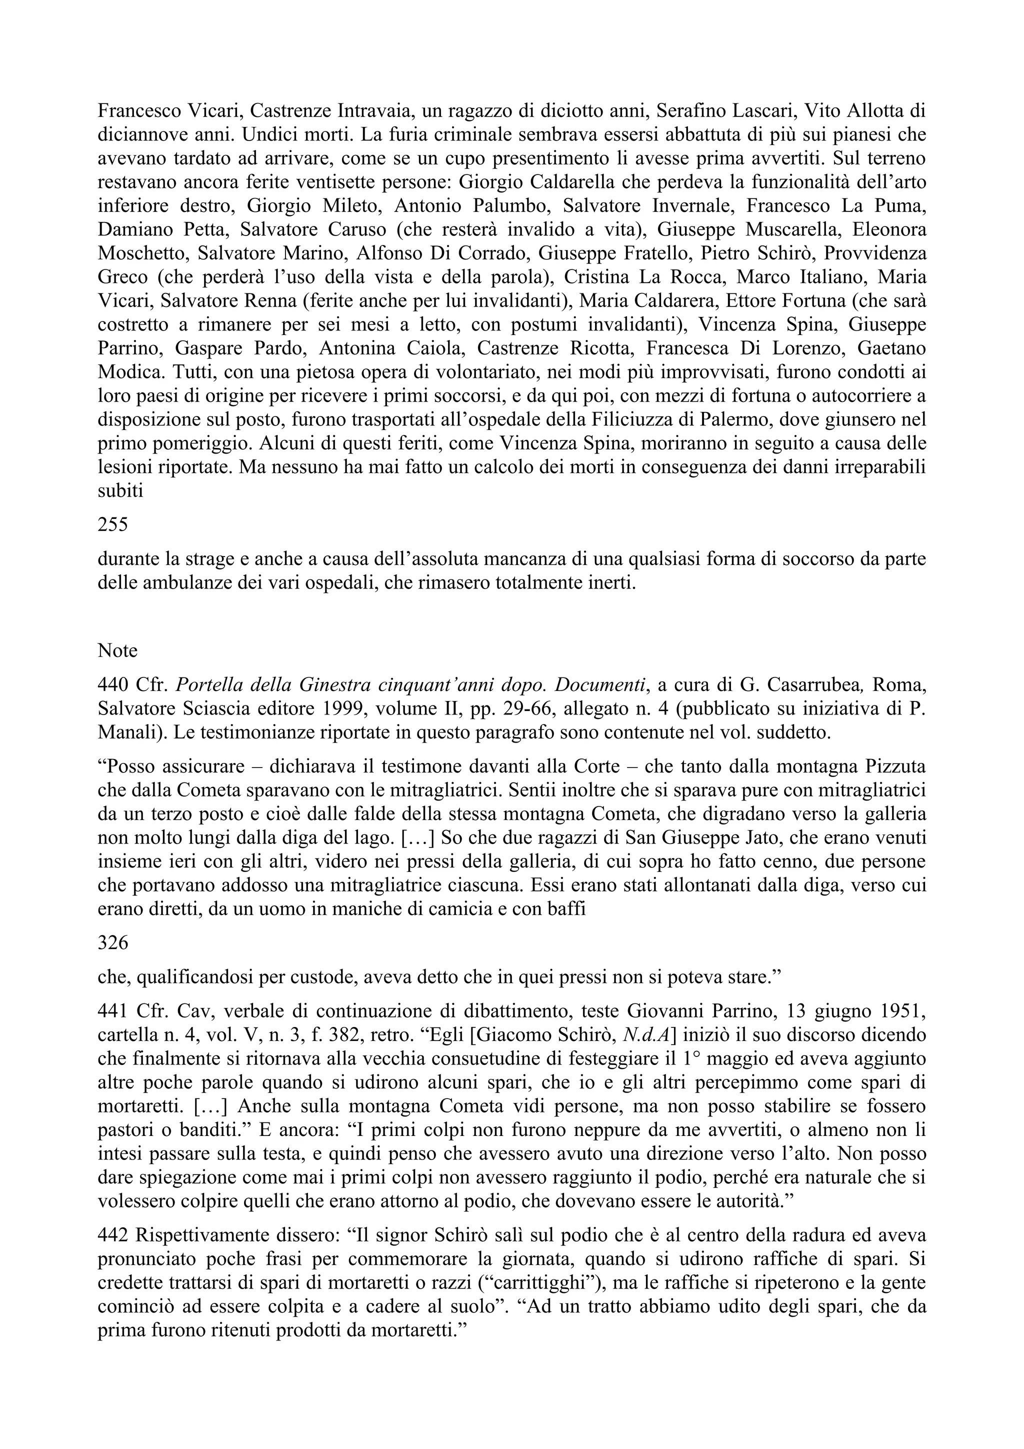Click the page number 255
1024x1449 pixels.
click(113, 524)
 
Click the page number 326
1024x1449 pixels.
click(113, 943)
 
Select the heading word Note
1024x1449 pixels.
click(117, 650)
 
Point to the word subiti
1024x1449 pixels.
click(120, 490)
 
